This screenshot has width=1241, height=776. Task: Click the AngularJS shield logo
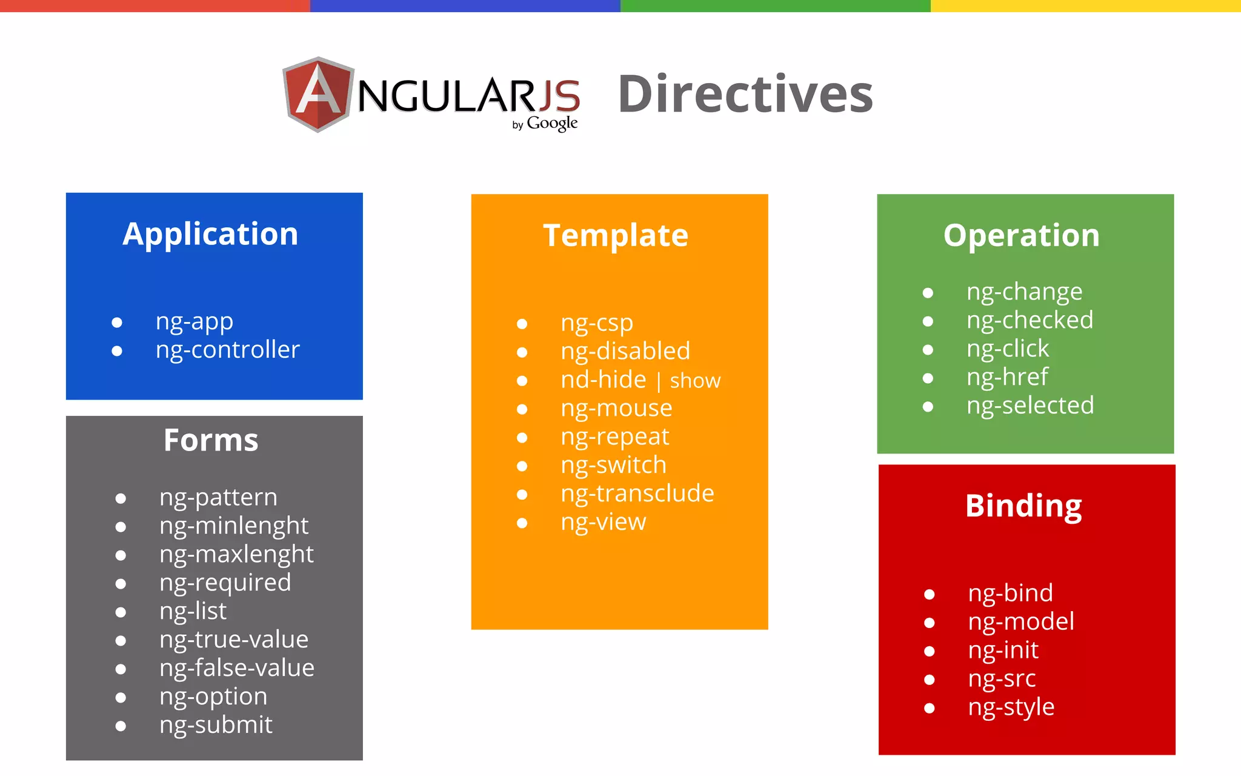click(x=318, y=95)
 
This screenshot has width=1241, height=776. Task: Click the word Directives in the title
click(x=745, y=95)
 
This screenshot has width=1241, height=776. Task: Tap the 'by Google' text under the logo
click(x=545, y=124)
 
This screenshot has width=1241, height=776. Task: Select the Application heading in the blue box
click(x=210, y=234)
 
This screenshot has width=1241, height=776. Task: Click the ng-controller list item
click(x=227, y=350)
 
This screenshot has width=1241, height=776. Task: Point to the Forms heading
click(x=211, y=440)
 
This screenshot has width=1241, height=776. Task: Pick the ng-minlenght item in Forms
click(x=234, y=526)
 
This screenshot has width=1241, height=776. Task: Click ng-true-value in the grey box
click(x=234, y=640)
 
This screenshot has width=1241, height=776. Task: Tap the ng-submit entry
click(x=216, y=725)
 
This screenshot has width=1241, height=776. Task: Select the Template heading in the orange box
click(x=616, y=235)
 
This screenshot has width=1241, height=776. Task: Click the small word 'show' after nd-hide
click(x=695, y=381)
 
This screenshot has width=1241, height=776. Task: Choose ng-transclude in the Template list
click(x=637, y=493)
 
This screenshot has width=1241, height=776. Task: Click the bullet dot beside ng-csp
click(x=522, y=324)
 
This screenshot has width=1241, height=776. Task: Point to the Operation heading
click(x=1021, y=235)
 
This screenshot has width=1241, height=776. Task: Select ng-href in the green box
click(x=1007, y=377)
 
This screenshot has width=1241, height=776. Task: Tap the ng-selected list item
click(x=1030, y=406)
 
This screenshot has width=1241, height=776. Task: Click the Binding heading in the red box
click(x=1023, y=506)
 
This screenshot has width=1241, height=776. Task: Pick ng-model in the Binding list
click(x=1021, y=622)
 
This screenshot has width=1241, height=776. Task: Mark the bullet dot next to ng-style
click(x=929, y=708)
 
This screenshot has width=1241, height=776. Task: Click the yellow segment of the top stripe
click(x=1085, y=5)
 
